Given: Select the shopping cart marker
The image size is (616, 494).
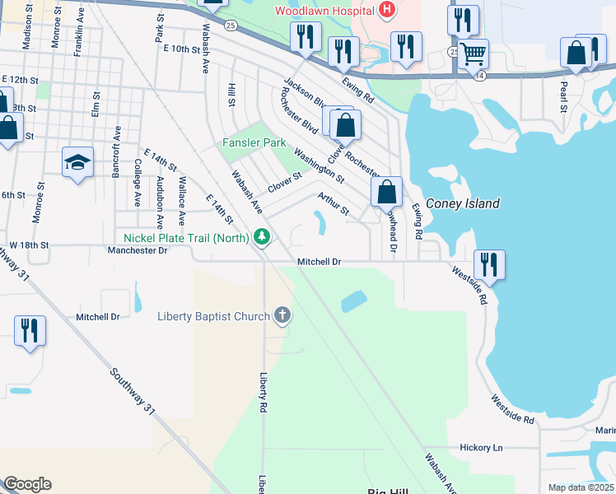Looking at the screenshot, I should click(473, 54).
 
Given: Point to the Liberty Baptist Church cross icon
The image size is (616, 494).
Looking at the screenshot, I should click(282, 315).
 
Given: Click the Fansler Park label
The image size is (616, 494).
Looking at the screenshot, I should click(254, 142).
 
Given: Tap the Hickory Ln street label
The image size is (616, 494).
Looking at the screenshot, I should click(481, 447).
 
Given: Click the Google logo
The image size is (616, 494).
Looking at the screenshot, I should click(27, 484).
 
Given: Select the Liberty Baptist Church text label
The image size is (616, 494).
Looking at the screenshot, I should click(213, 316).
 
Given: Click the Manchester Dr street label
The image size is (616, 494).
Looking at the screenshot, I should click(139, 249).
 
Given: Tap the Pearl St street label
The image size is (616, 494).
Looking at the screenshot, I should click(564, 96).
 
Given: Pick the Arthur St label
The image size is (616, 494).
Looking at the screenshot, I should click(334, 202).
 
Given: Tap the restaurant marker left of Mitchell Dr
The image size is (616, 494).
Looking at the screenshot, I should click(30, 331).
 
